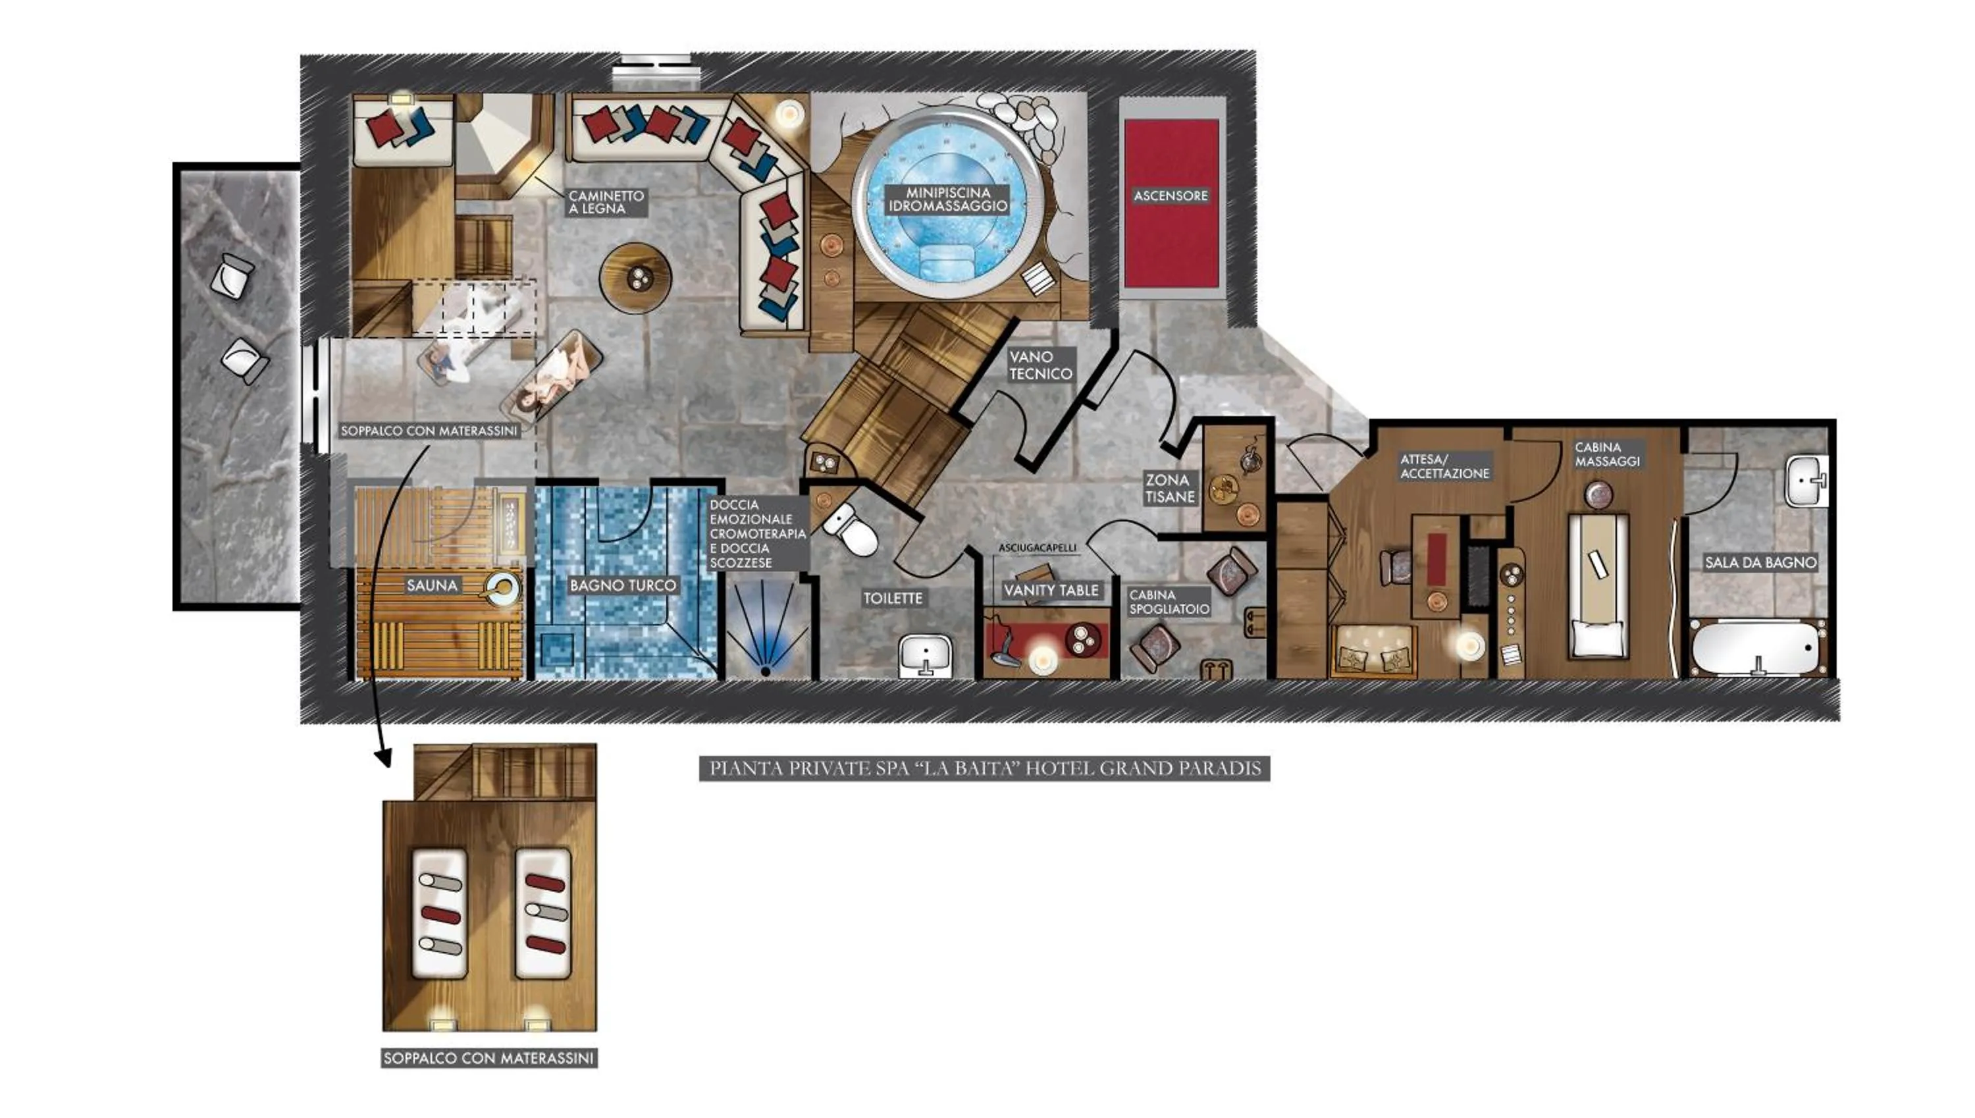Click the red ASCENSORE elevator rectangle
click(1171, 203)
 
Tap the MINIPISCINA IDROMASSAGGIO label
click(947, 200)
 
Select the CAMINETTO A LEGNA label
click(606, 202)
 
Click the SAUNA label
click(431, 585)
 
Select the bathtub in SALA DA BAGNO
click(1758, 647)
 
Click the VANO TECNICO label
click(1040, 365)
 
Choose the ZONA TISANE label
click(1169, 489)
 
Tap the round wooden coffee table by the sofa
click(635, 278)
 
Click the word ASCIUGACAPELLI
click(1036, 548)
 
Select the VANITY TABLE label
click(1051, 590)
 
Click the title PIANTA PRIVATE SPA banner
click(984, 768)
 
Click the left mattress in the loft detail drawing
click(440, 913)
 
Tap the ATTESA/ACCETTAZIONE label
click(1444, 466)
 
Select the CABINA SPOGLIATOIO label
click(1169, 602)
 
